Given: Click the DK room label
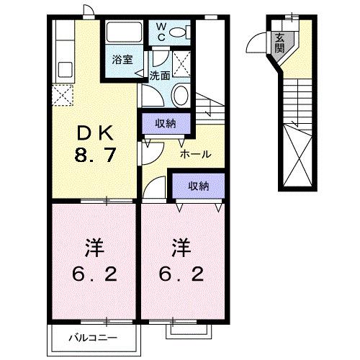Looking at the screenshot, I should point(94,132).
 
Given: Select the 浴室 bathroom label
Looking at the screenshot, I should point(122,60).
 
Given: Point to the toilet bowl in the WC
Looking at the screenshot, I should point(181,32).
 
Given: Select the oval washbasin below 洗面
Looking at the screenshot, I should point(181,94).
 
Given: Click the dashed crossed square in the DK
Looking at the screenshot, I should point(60,94).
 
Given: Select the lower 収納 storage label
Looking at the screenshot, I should point(198,186).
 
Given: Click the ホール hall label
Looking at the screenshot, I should point(195,153).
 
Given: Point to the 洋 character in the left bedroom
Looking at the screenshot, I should point(94,249).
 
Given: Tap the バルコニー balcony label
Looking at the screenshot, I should point(85,336).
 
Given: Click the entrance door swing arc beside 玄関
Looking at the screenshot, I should point(257,45).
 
